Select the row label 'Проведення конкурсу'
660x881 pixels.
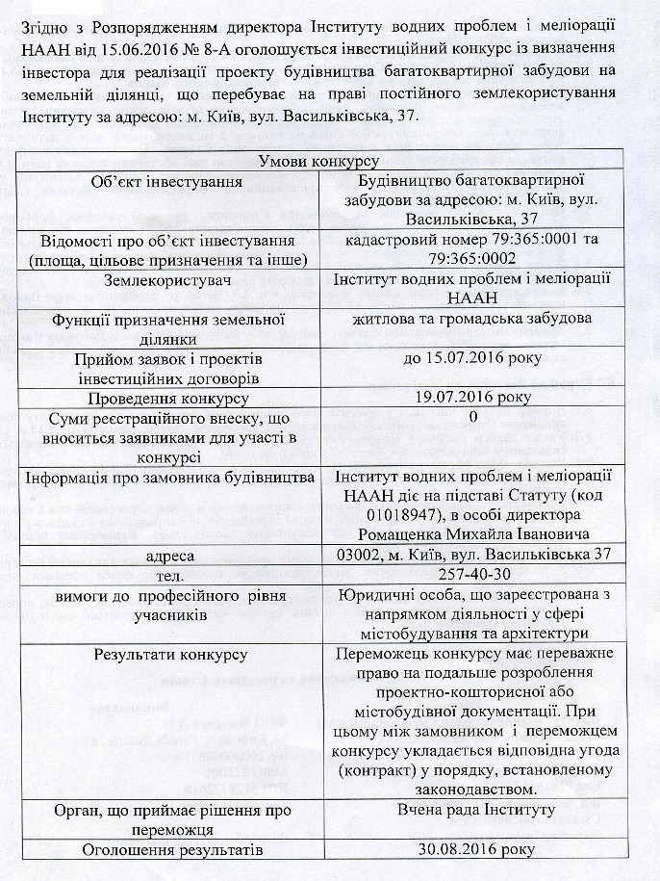(x=170, y=398)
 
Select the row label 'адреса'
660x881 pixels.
(x=170, y=556)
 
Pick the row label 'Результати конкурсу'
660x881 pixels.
(x=170, y=655)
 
